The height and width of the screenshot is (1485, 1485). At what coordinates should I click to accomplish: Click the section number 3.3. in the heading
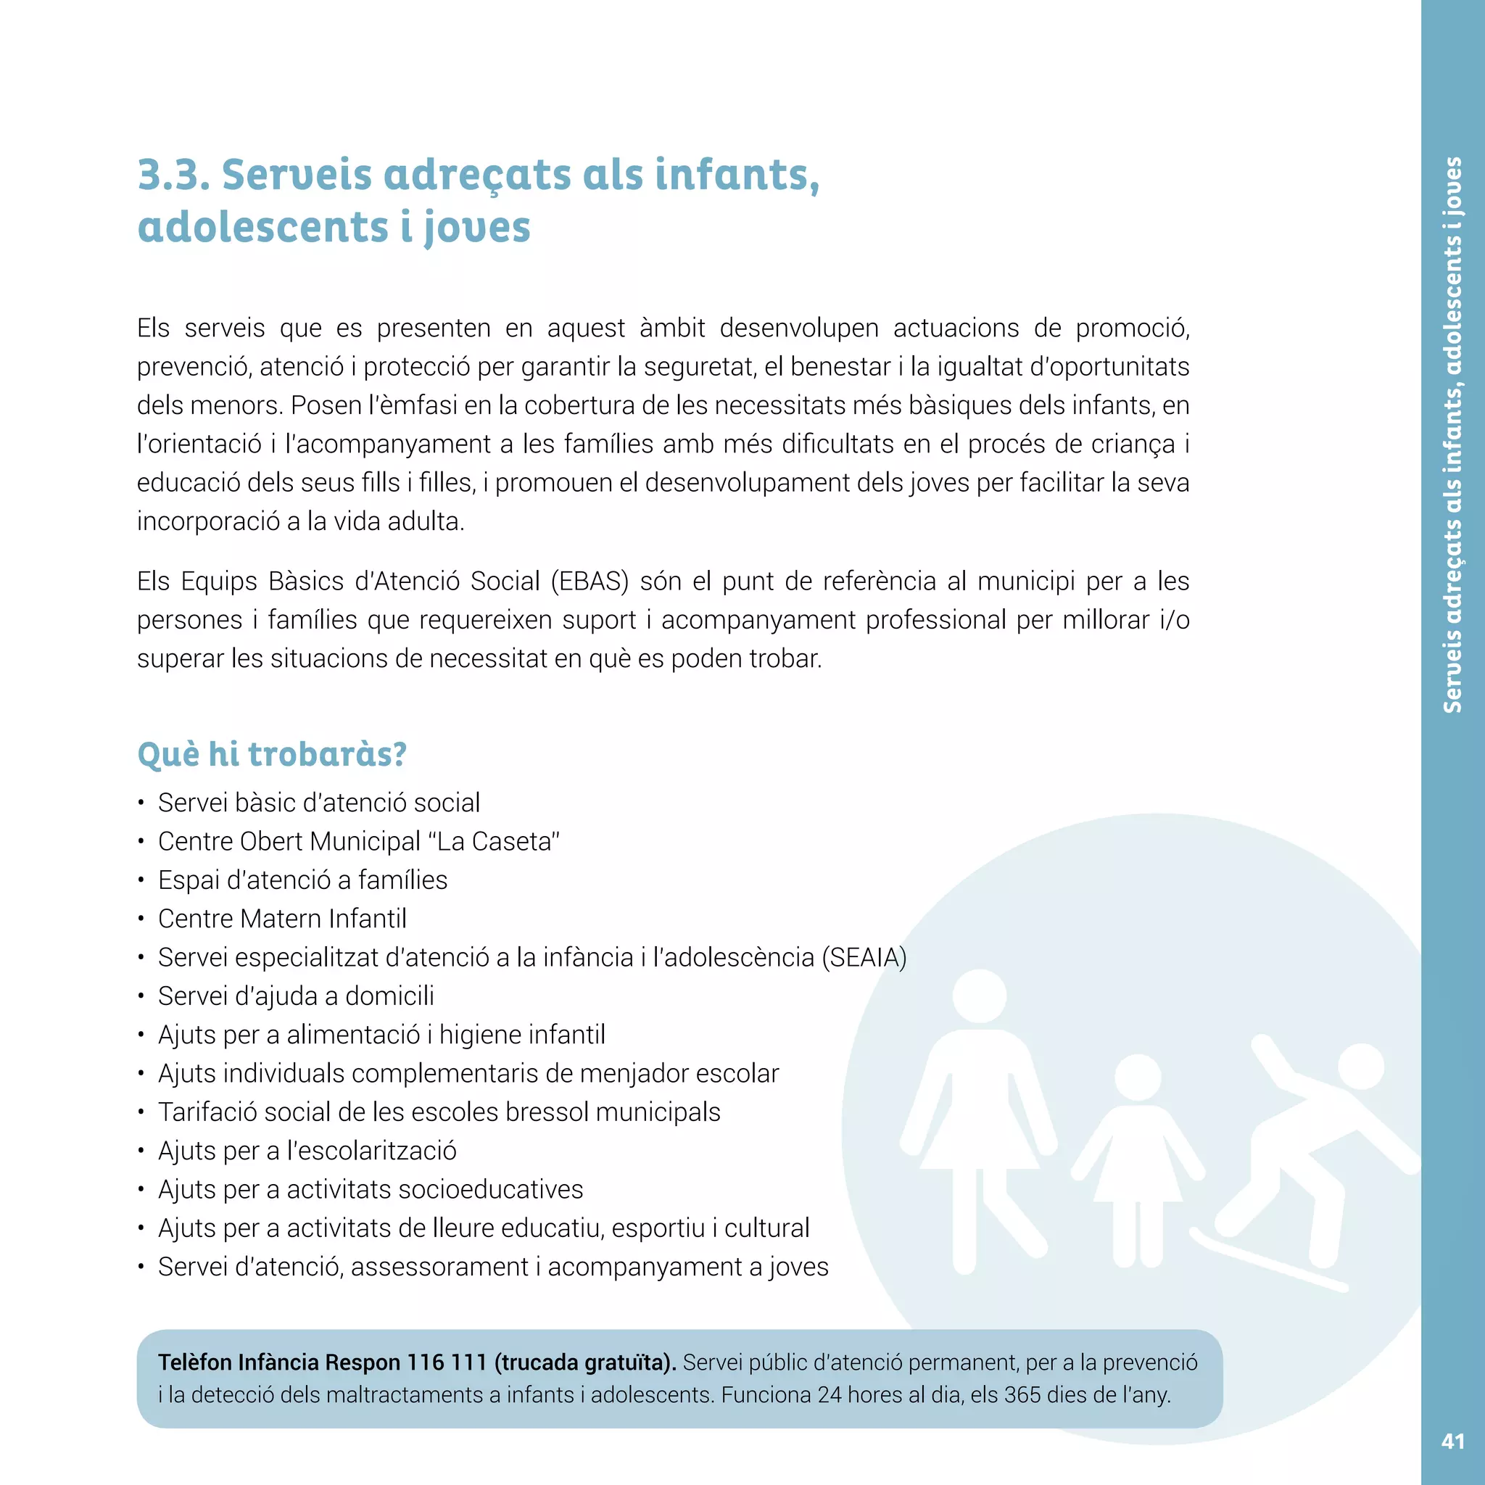tap(174, 175)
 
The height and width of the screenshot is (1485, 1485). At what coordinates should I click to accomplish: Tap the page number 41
tap(1452, 1441)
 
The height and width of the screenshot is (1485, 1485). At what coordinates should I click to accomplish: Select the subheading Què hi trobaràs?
tap(271, 754)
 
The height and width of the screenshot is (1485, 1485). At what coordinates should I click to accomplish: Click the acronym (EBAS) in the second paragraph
tap(590, 581)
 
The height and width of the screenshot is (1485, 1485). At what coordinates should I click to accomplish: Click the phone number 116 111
tap(447, 1362)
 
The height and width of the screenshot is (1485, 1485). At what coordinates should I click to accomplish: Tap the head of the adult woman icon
tap(979, 996)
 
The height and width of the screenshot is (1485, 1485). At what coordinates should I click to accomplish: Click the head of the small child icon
tap(1138, 1077)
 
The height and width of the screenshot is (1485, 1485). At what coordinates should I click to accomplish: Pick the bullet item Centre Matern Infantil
tap(282, 919)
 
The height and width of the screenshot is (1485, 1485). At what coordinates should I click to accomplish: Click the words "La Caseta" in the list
tap(498, 842)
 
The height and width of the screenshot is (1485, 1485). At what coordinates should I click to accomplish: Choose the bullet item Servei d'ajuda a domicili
tap(296, 996)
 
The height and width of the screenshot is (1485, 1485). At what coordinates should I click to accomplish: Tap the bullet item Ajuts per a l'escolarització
tap(307, 1151)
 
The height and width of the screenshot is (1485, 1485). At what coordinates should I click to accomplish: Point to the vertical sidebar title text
tap(1452, 435)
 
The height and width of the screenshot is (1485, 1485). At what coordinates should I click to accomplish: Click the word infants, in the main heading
tap(737, 175)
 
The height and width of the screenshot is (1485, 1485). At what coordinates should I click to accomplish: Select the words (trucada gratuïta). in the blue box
tap(585, 1362)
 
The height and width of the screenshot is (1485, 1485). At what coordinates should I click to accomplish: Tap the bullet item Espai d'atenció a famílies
tap(302, 880)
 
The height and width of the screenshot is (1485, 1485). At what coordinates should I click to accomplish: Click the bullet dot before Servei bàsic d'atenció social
tap(141, 804)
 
